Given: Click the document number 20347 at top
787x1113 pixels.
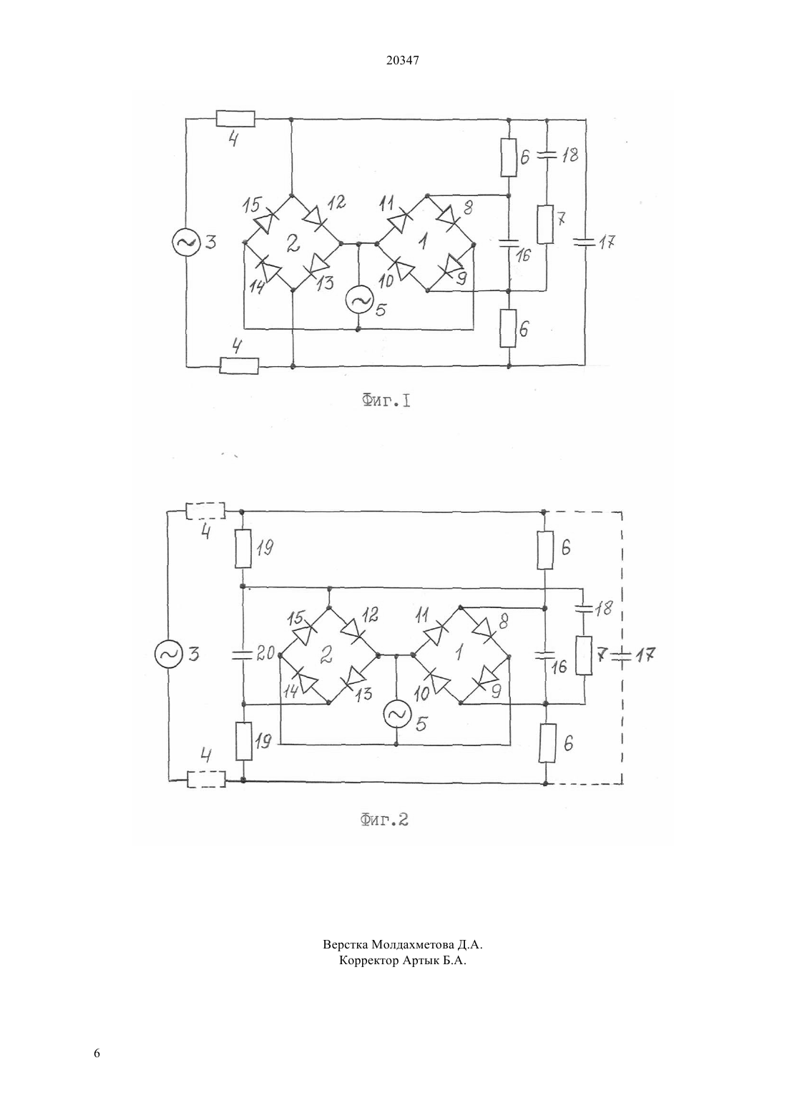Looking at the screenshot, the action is click(402, 61).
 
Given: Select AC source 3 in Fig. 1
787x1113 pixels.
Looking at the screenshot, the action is click(186, 242).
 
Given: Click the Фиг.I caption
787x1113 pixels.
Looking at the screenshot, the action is click(386, 401).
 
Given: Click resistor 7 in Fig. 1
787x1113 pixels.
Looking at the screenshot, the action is click(545, 224).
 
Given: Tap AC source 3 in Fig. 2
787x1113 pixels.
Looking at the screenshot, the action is click(169, 654).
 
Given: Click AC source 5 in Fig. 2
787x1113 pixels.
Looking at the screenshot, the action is click(396, 714).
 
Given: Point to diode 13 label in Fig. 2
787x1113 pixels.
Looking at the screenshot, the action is click(364, 692).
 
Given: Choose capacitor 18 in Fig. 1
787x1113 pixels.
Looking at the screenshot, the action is click(547, 155).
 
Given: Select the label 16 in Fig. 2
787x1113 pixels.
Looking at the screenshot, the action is click(559, 667).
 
